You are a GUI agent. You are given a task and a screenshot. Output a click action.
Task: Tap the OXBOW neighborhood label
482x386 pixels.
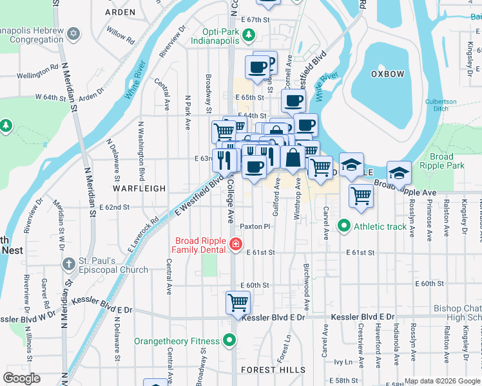point(387,74)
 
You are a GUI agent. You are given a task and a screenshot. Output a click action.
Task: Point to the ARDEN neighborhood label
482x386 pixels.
point(120,12)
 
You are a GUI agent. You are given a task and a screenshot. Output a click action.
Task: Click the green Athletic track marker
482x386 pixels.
point(344,226)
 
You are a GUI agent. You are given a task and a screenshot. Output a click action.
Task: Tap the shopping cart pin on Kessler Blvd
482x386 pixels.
point(238,302)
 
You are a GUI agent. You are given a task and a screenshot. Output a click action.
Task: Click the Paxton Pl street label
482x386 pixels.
point(255,226)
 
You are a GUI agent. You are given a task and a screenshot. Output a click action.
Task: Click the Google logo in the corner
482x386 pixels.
point(21,378)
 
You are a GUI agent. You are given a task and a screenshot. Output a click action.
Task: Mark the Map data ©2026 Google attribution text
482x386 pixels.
point(442,381)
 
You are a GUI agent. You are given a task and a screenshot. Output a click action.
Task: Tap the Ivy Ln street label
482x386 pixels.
point(339,362)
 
